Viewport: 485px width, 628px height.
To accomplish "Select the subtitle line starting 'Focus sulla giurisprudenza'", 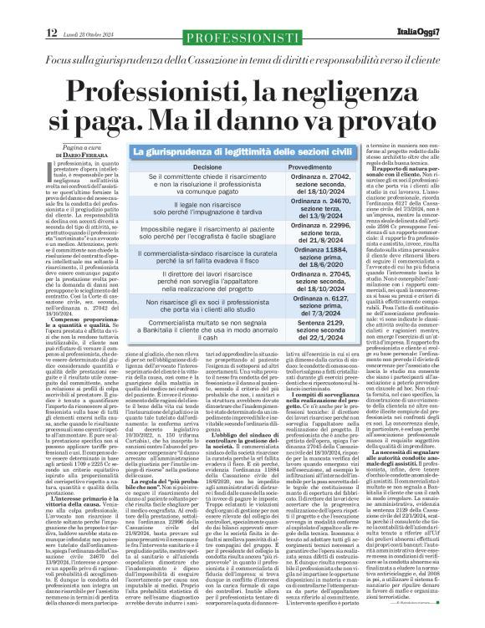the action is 242,39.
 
